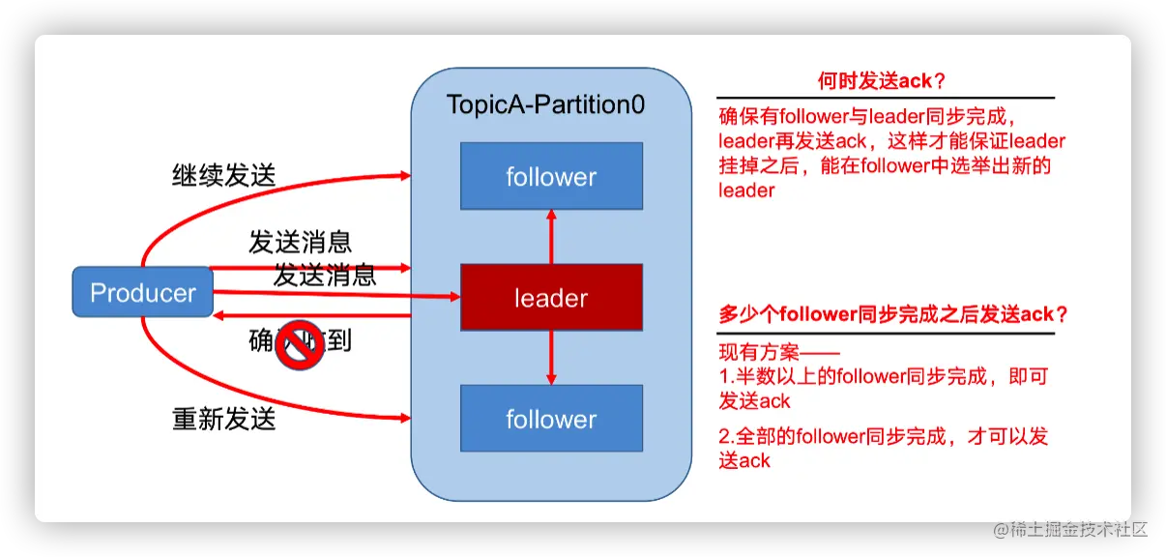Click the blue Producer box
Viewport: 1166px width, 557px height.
(x=142, y=292)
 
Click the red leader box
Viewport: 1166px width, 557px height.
(x=551, y=297)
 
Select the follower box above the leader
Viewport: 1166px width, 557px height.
(x=551, y=176)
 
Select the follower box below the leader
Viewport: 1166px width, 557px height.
(x=551, y=419)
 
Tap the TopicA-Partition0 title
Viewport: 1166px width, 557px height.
(x=545, y=104)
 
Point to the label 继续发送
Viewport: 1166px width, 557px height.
(x=223, y=175)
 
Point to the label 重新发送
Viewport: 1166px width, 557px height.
(x=223, y=419)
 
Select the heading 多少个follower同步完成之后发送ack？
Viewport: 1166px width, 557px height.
(x=894, y=314)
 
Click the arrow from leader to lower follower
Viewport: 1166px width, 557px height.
(x=551, y=357)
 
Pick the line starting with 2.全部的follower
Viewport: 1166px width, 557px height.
(x=884, y=436)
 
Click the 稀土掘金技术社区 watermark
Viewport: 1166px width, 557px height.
(x=1067, y=528)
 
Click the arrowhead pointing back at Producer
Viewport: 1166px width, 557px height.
(x=220, y=315)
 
